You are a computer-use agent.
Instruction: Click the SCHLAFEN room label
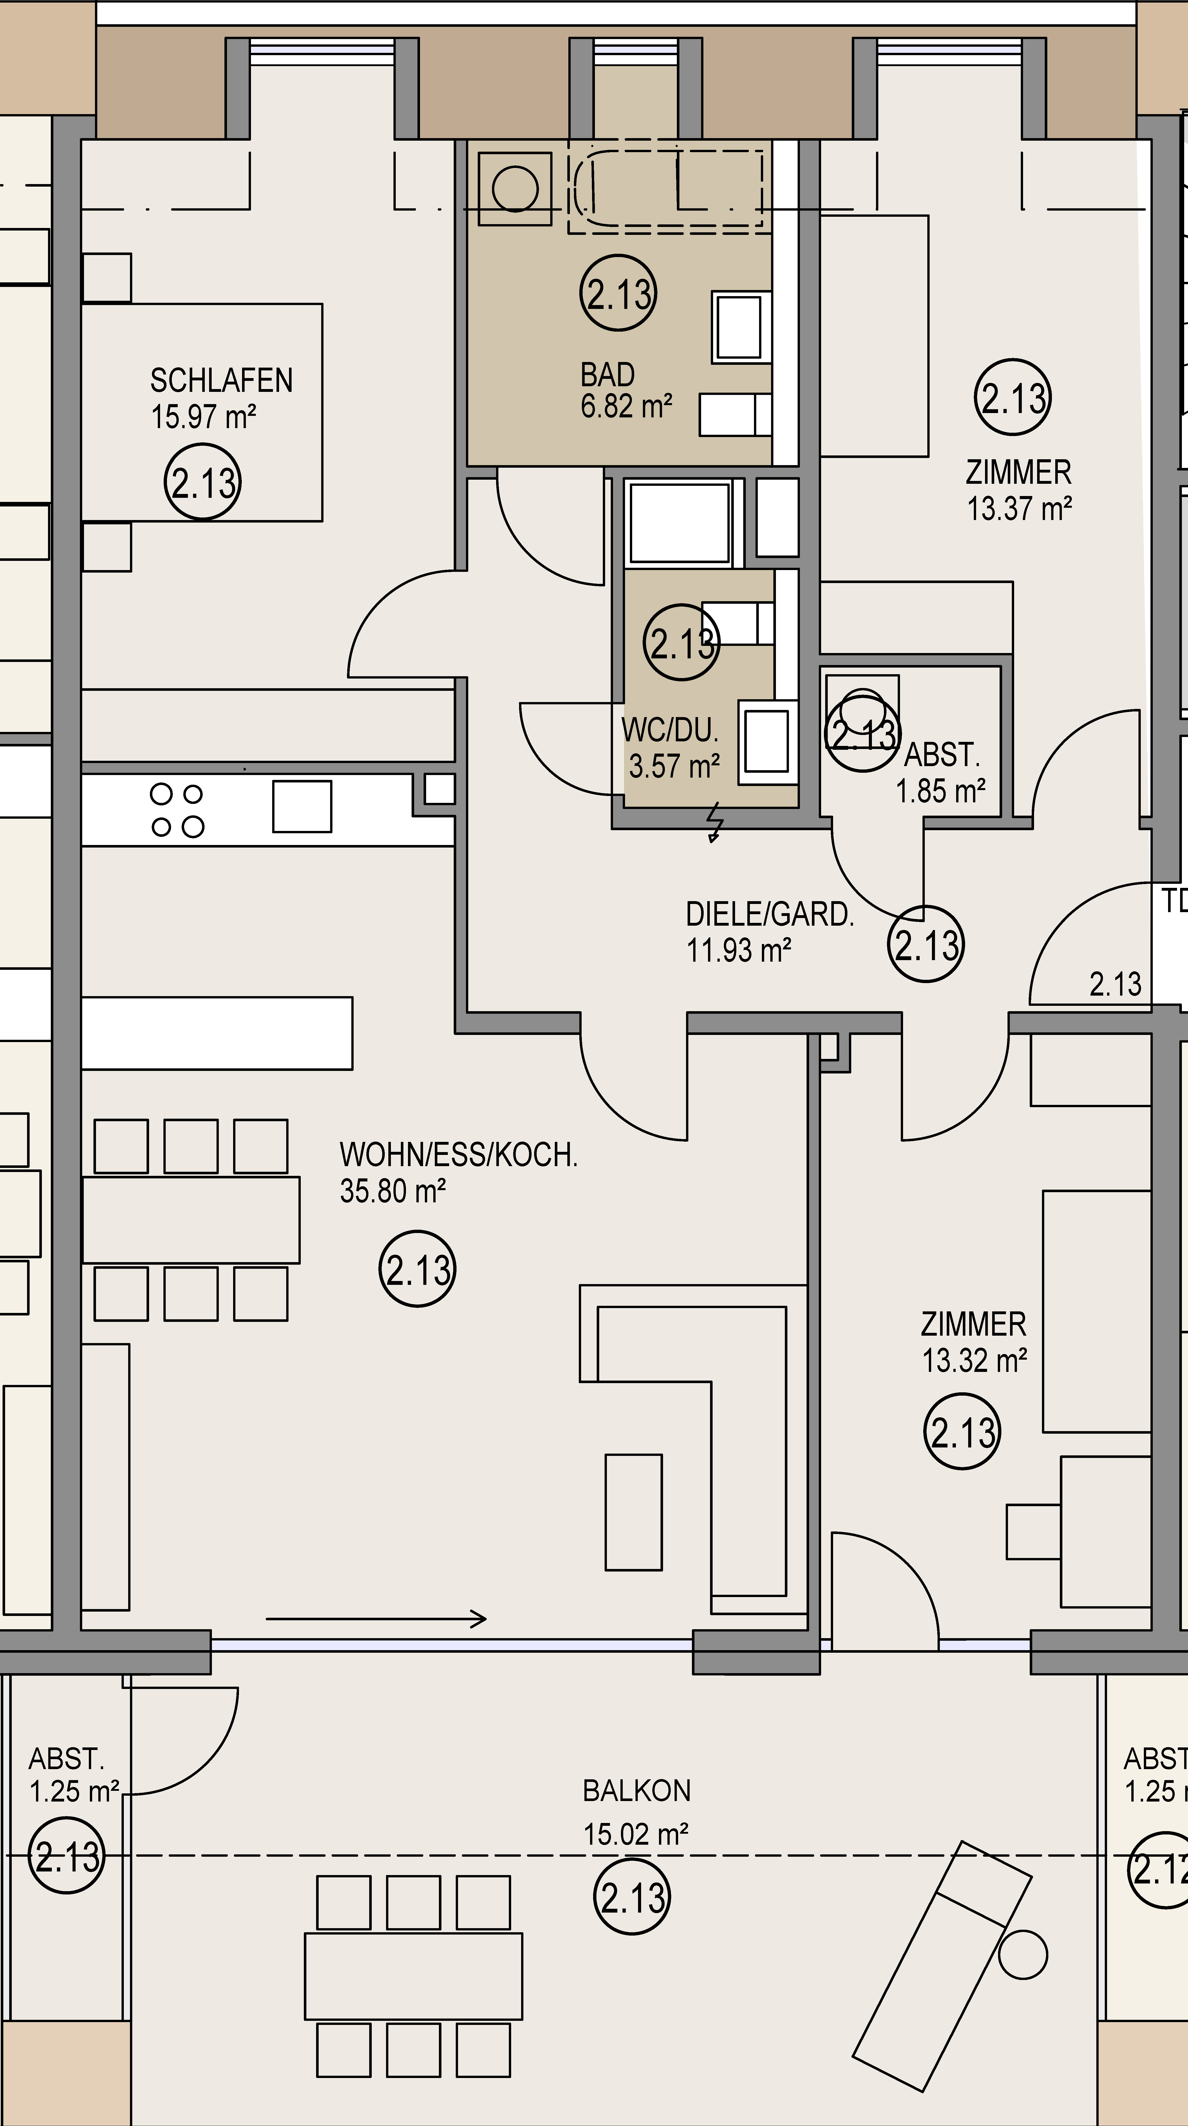[x=221, y=380]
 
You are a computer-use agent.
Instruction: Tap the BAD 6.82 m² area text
[x=626, y=390]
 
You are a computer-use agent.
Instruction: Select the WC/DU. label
[x=669, y=730]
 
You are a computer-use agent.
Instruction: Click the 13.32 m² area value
[x=974, y=1360]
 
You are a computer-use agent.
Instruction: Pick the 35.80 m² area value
[x=393, y=1191]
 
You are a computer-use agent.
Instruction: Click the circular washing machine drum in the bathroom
[x=515, y=189]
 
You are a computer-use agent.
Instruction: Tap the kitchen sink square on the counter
[x=302, y=806]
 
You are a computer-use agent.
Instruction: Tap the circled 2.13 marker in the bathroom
[x=618, y=293]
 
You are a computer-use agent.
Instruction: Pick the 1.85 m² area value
[x=941, y=791]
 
